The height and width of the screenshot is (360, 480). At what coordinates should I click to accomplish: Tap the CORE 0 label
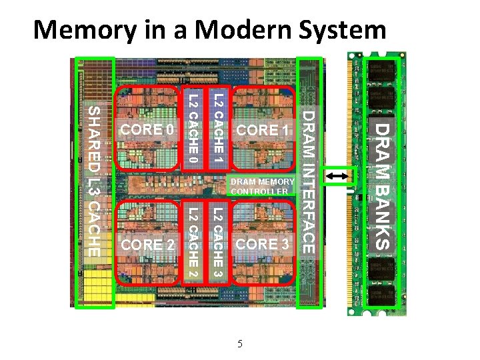tap(146, 129)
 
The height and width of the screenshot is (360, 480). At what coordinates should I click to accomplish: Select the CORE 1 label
tap(265, 130)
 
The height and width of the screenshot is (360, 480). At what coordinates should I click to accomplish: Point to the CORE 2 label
tap(148, 245)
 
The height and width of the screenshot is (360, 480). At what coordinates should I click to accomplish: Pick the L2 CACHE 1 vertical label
tap(219, 129)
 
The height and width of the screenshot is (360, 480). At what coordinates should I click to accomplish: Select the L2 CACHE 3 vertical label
tap(217, 243)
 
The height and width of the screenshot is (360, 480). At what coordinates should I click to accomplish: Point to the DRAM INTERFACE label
tap(309, 181)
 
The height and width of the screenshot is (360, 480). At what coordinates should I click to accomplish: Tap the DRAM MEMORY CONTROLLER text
tap(261, 187)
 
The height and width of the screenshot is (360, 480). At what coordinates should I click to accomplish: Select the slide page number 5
tap(240, 344)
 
